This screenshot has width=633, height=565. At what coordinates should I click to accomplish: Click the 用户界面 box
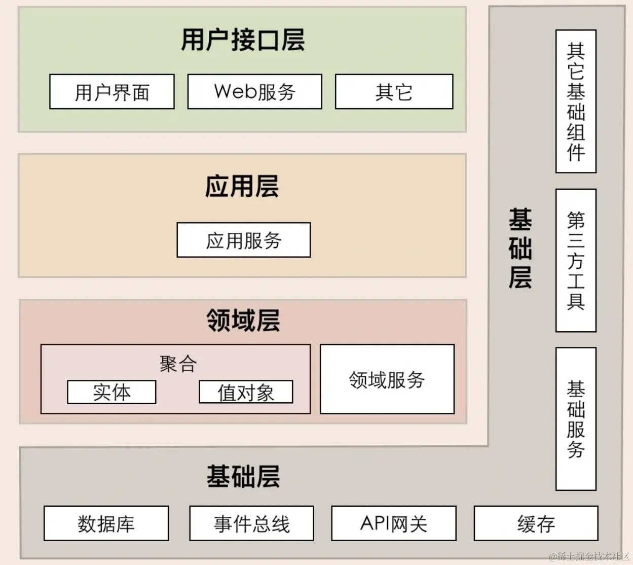[112, 92]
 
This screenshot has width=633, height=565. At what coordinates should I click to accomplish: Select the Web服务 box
[254, 92]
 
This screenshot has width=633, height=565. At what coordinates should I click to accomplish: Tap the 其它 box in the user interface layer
[394, 92]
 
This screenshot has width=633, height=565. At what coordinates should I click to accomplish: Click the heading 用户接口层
[243, 40]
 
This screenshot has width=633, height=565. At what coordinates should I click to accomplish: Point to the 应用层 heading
[242, 186]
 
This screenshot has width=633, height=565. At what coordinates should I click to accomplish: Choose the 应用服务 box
[243, 240]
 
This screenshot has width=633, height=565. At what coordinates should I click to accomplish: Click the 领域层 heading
[243, 321]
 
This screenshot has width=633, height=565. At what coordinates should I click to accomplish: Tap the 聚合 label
[177, 364]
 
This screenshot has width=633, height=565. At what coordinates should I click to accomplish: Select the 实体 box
[111, 392]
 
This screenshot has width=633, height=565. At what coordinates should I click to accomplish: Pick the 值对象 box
[246, 392]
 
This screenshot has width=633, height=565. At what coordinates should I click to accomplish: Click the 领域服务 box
[387, 379]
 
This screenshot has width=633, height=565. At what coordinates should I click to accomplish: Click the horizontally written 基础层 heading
[243, 476]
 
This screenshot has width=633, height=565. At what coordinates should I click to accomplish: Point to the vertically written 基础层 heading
[520, 249]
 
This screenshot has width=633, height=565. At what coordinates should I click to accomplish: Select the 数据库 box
[106, 523]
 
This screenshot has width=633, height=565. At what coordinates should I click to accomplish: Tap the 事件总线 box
[251, 523]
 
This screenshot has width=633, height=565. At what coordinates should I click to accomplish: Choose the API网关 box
[394, 523]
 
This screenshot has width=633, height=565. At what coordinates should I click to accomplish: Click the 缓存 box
[536, 523]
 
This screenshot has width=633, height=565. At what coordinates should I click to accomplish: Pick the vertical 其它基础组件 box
[576, 101]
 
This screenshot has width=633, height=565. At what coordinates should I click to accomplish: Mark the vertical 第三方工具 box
[576, 261]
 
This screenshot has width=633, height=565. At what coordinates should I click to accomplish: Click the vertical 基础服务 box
[576, 419]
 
